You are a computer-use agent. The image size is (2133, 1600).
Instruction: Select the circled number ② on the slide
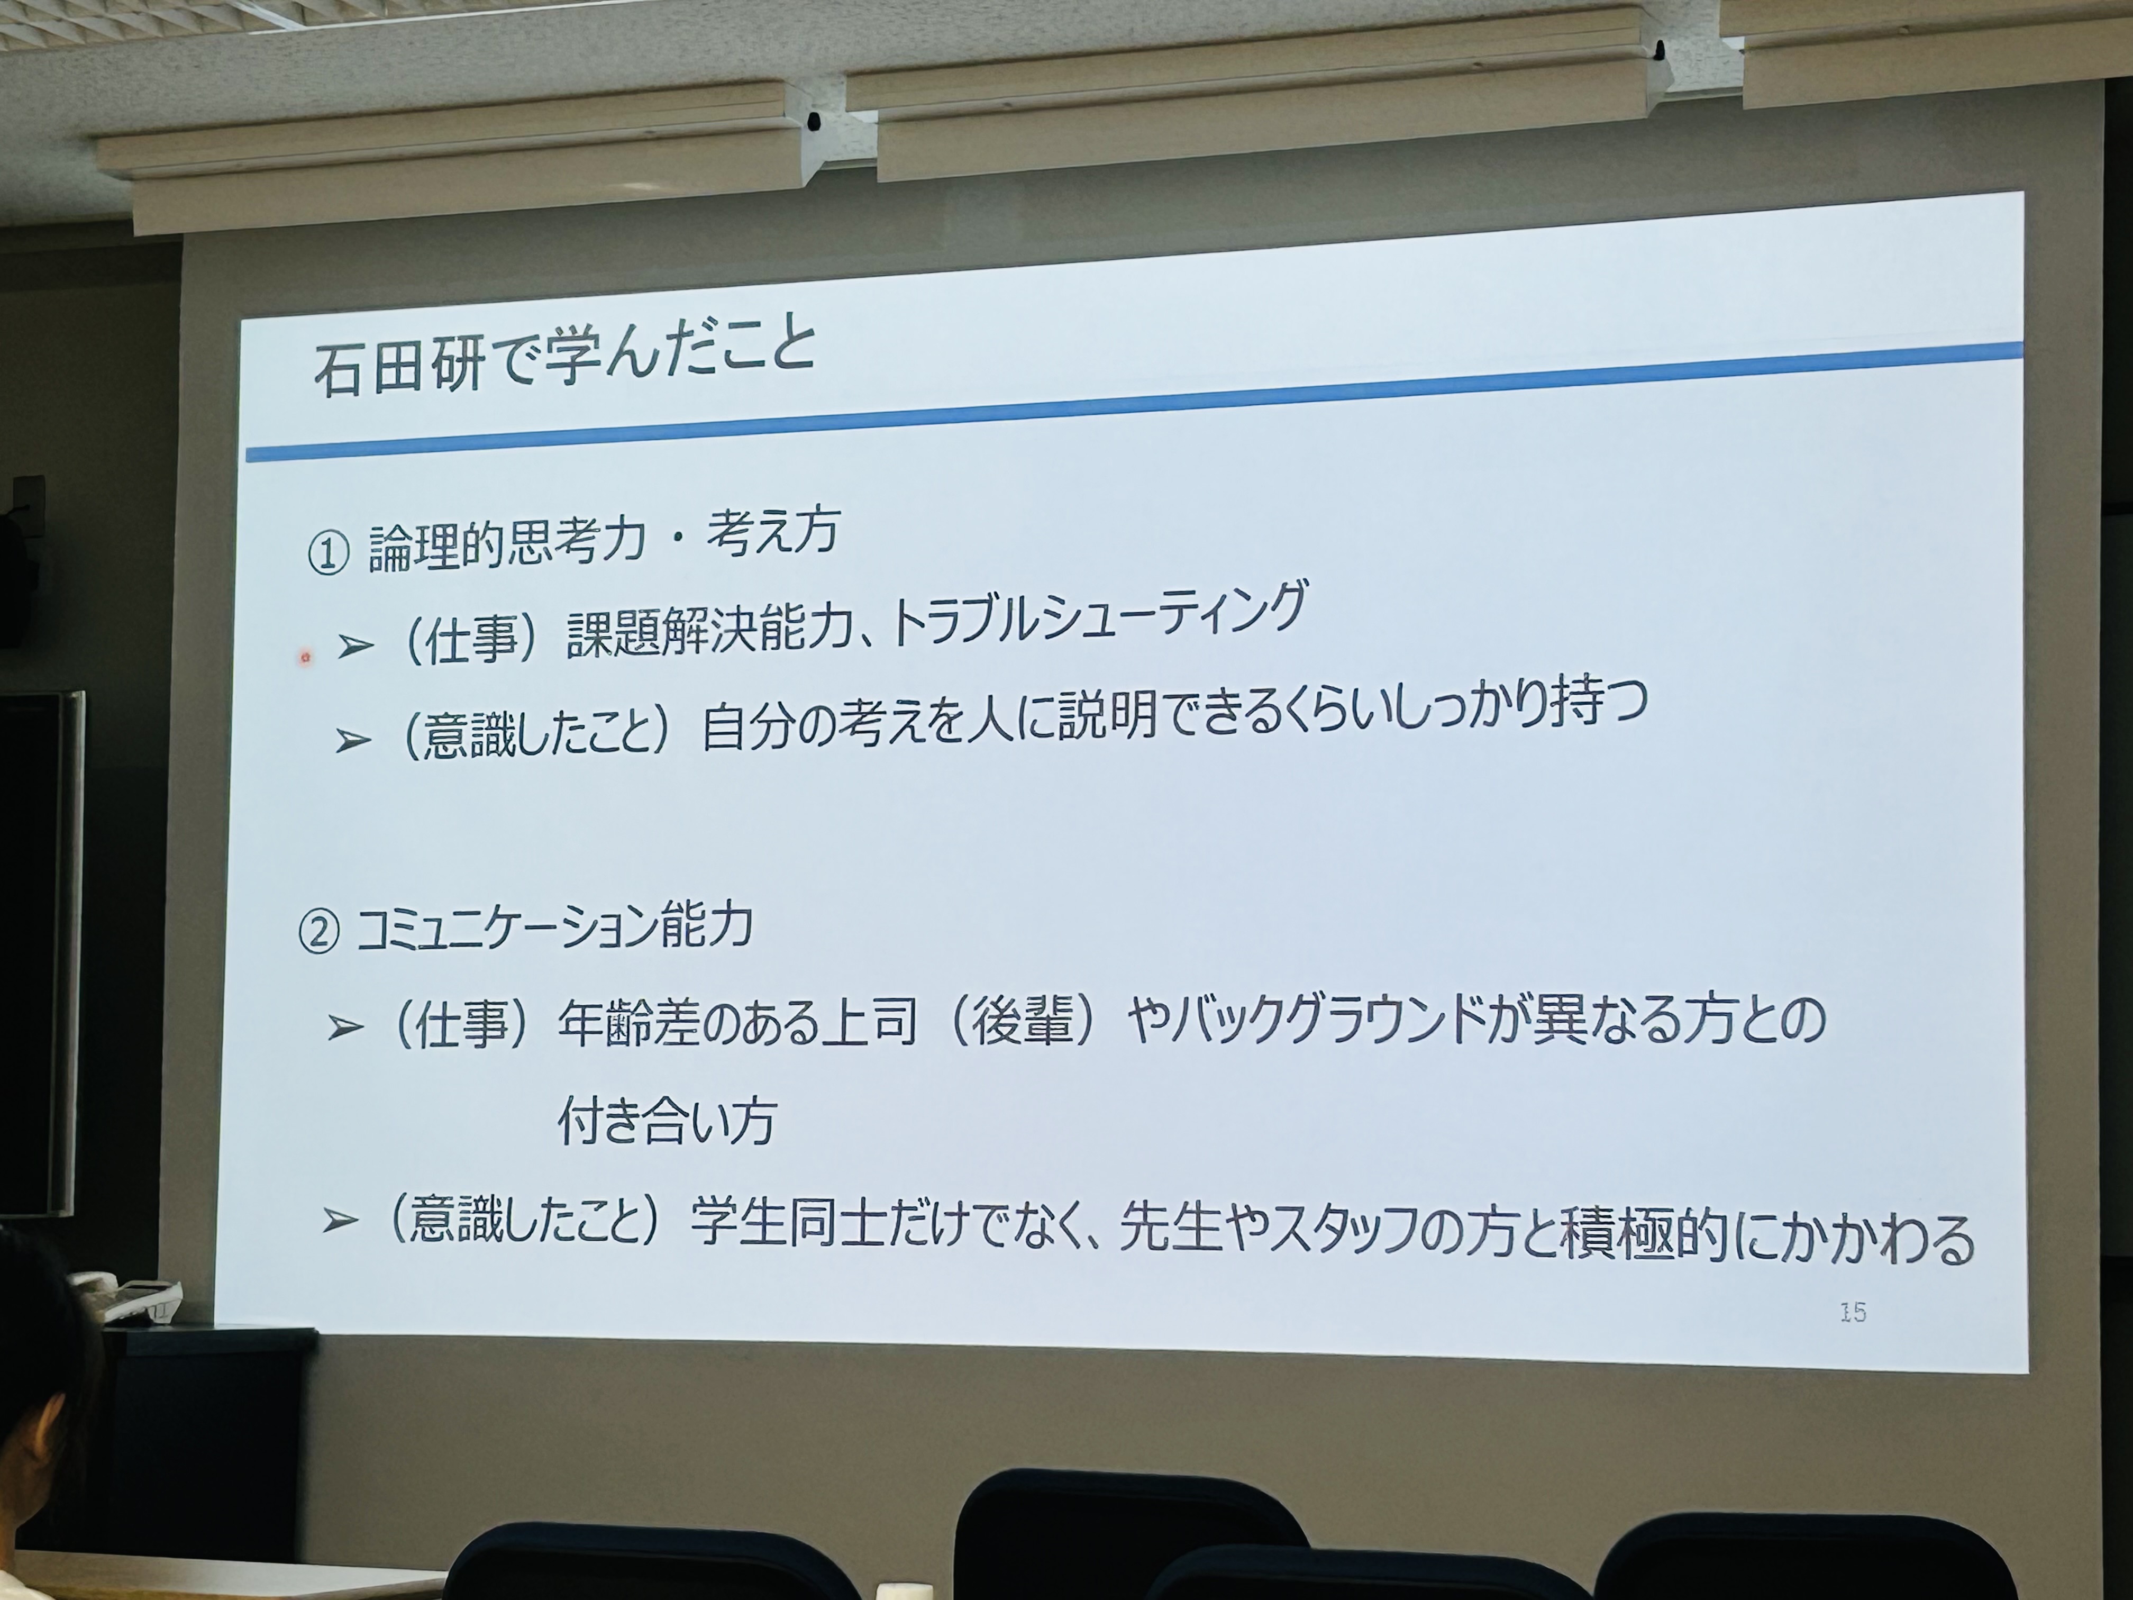[x=319, y=933]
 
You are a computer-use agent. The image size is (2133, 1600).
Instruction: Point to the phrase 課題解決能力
[x=710, y=632]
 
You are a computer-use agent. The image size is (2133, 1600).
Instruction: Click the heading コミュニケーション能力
[x=554, y=929]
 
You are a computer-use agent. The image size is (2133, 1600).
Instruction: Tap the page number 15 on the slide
[x=1853, y=1312]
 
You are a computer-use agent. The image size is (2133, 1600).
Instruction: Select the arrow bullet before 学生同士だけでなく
[x=340, y=1222]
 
